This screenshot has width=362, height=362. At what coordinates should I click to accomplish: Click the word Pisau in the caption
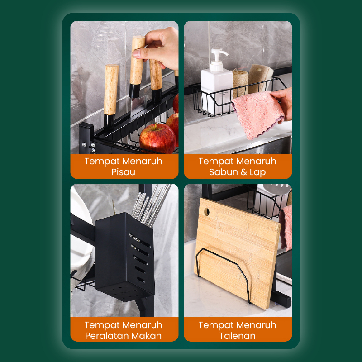coord(123,172)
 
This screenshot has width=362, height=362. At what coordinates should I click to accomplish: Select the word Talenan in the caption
coord(237,336)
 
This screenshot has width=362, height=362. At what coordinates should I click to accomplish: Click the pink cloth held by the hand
coord(258,114)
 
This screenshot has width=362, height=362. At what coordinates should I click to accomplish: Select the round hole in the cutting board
coord(207,211)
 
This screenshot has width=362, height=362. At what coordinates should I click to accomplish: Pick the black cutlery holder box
coord(125,256)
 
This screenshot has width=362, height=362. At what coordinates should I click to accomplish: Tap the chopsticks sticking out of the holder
coord(151,205)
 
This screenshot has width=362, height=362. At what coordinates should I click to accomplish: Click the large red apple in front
coord(157,138)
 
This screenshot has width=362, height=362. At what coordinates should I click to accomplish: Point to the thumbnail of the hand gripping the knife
coord(136,53)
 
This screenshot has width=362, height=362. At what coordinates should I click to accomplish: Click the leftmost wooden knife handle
coord(111,89)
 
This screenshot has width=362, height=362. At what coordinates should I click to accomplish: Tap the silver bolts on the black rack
coord(89,146)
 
